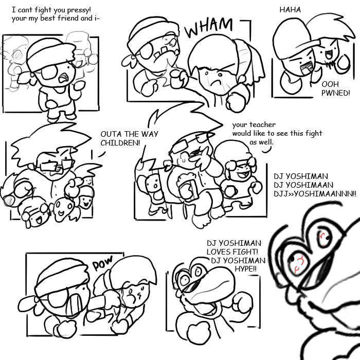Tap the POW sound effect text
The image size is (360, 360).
103,262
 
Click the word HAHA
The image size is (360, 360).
290,10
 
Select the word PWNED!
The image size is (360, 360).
336,93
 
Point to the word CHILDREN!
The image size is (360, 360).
120,143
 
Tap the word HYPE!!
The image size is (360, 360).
245,268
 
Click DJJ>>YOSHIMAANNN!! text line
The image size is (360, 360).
315,194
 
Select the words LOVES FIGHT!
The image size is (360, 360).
232,252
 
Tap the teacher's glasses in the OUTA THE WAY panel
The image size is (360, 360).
56,166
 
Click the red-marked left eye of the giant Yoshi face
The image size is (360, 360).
298,264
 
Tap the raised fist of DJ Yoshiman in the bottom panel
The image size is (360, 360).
242,303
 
